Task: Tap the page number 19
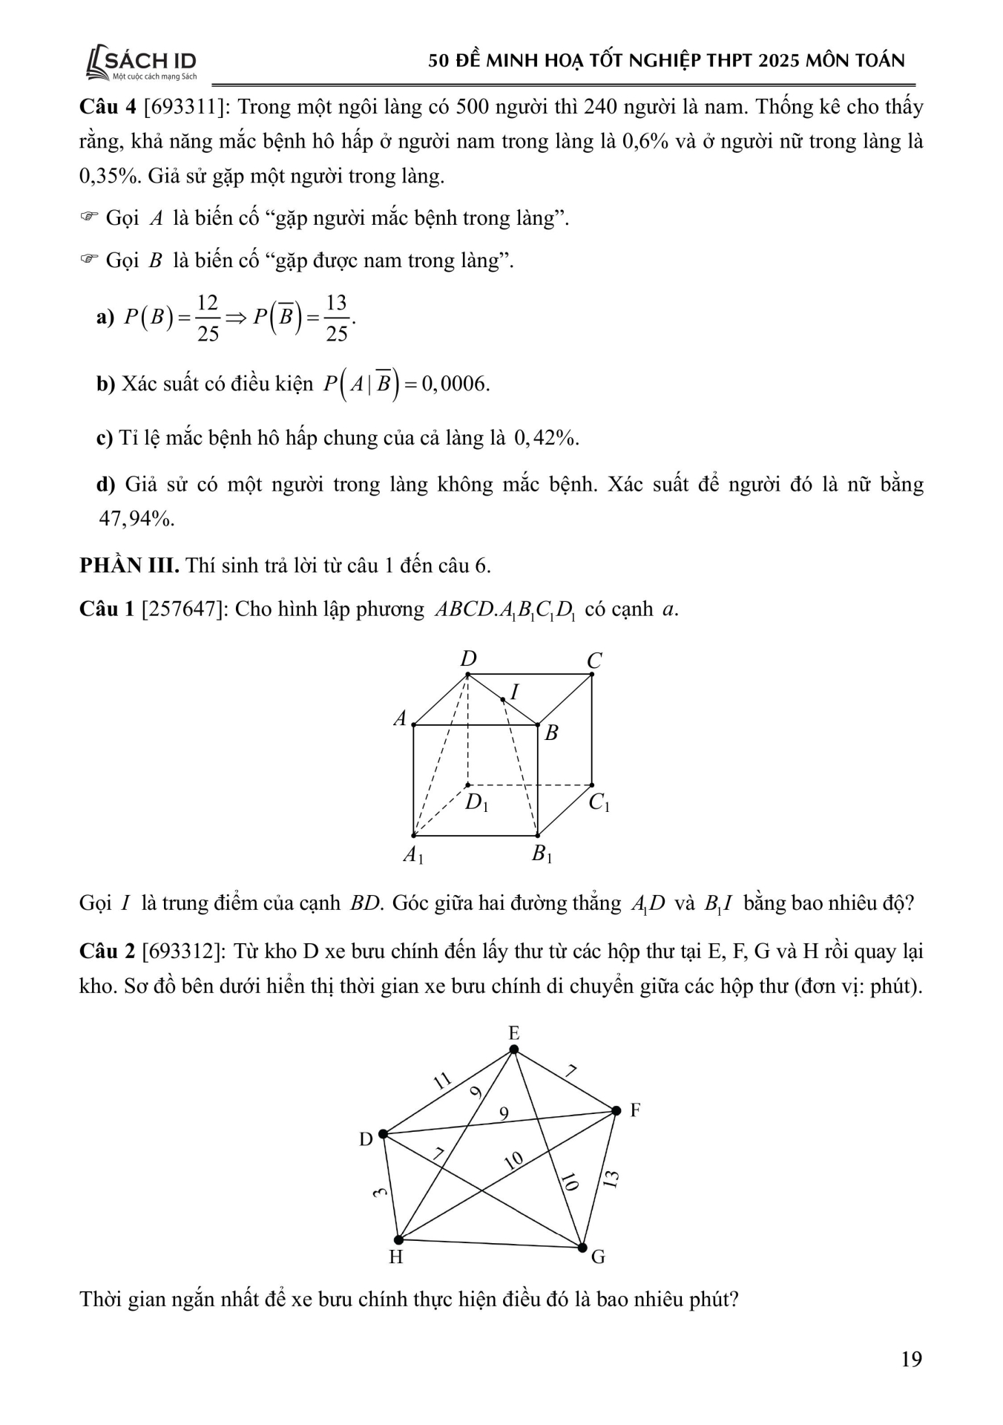(x=911, y=1359)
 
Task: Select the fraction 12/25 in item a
(x=208, y=318)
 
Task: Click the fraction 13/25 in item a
(x=336, y=318)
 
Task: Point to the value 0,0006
(x=455, y=384)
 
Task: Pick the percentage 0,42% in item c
(x=545, y=439)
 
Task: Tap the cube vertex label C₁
(x=599, y=803)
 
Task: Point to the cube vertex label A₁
(x=412, y=855)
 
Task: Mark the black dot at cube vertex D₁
(x=467, y=784)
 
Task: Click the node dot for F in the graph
(x=616, y=1110)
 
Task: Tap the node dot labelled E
(x=513, y=1049)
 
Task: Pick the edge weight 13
(x=610, y=1179)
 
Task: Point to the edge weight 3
(x=381, y=1193)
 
